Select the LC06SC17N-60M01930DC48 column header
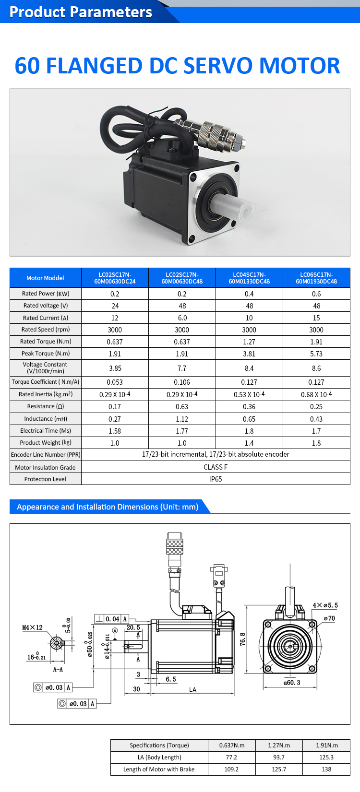316,278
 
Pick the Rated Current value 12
115,318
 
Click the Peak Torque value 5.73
316,354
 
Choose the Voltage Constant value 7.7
182,368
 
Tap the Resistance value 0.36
249,407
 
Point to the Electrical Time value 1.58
115,431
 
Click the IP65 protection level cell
216,479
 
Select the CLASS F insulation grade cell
216,467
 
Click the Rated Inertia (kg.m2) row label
46,394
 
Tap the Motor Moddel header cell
46,278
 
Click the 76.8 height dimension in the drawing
243,639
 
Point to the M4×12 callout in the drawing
32,627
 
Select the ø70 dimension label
329,619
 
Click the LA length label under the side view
192,690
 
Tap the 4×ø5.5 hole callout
325,605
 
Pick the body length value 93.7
279,757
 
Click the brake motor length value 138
326,769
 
